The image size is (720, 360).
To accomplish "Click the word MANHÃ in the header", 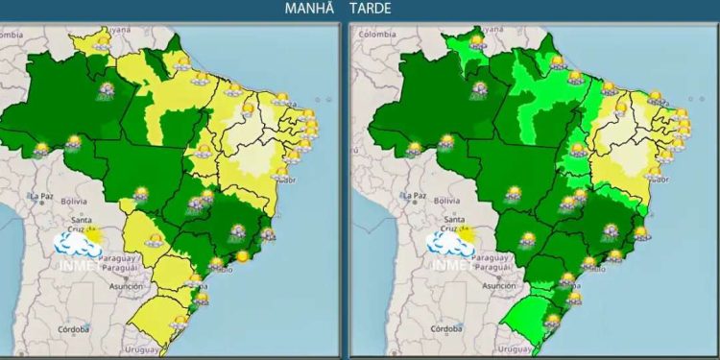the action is click(x=309, y=9).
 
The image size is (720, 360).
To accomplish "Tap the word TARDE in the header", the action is click(x=371, y=9).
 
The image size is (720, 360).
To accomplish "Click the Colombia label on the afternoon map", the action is click(x=376, y=35).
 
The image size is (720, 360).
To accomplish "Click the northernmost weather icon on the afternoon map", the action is click(x=476, y=41).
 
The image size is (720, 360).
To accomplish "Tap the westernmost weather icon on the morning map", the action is click(x=41, y=149).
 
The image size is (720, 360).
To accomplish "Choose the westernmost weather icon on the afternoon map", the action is click(x=413, y=149).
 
